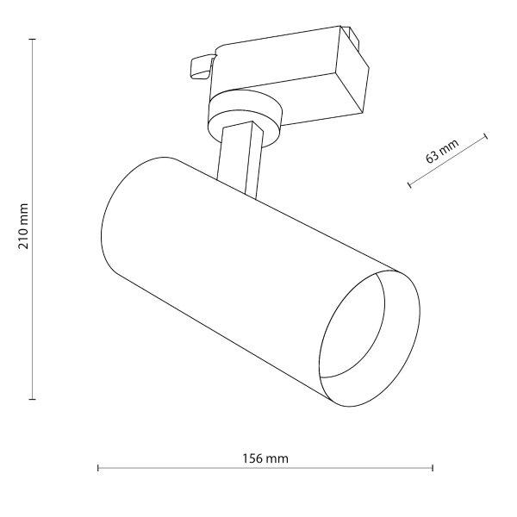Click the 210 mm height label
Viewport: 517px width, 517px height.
[x=24, y=227]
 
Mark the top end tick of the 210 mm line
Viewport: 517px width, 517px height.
[x=33, y=40]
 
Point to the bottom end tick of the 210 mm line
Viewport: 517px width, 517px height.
[x=33, y=399]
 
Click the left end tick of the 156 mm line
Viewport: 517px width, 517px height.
[x=98, y=469]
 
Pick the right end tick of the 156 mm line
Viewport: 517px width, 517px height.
[x=433, y=469]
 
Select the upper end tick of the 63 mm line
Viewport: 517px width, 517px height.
[x=486, y=136]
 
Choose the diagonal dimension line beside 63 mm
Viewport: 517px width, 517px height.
[x=448, y=160]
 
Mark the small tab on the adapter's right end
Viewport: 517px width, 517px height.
[x=352, y=36]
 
